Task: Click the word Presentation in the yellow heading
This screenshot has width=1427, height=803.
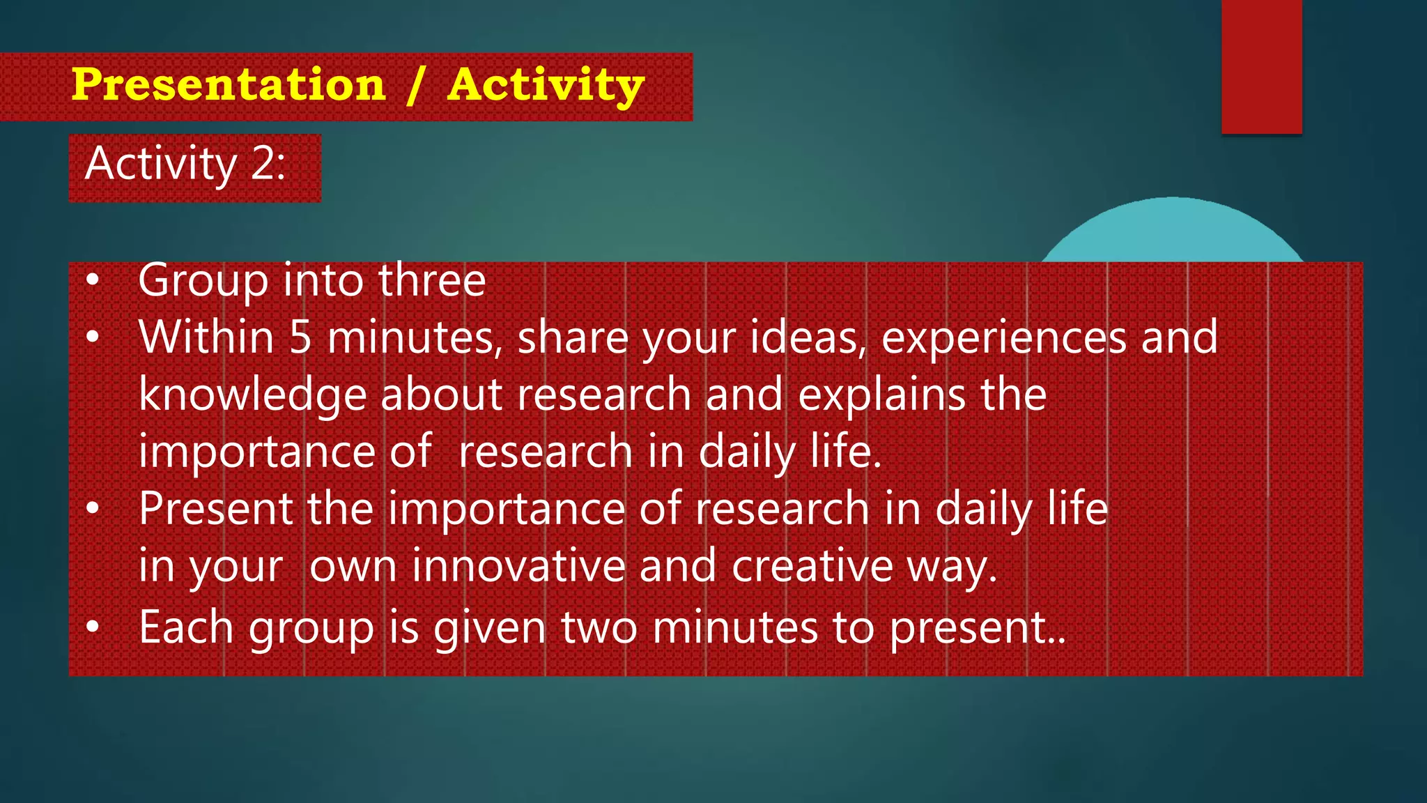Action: (228, 85)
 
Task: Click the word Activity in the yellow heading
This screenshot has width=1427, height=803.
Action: (546, 85)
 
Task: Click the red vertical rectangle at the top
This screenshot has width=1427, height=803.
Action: (1261, 66)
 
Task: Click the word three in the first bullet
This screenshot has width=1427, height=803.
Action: (431, 280)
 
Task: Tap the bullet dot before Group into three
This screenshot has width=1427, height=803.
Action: (93, 281)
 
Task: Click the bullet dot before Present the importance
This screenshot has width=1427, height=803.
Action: (93, 510)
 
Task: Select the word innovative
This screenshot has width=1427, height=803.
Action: (518, 566)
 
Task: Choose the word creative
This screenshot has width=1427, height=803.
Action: (812, 566)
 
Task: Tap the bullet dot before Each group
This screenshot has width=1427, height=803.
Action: (93, 627)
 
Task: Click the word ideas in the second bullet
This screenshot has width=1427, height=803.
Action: (807, 337)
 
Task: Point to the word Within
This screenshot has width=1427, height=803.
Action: (206, 337)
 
